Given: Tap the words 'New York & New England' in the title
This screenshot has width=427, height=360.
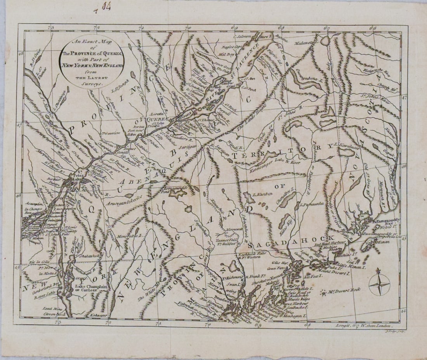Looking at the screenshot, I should (x=91, y=66).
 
